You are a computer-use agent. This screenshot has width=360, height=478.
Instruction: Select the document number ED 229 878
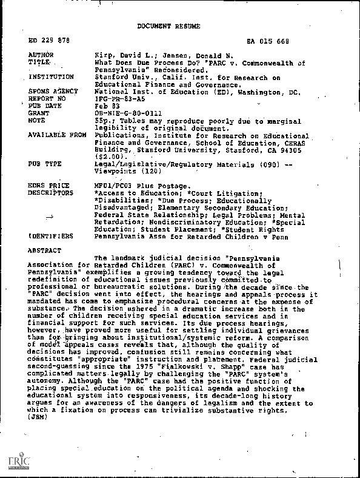pyautogui.click(x=49, y=41)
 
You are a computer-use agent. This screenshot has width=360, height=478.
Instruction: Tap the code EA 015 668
pyautogui.click(x=268, y=41)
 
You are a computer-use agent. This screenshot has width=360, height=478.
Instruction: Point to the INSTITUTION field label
pyautogui.click(x=52, y=78)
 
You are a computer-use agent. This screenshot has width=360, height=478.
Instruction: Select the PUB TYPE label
pyautogui.click(x=45, y=164)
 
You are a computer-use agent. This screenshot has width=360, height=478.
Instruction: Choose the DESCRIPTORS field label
pyautogui.click(x=50, y=193)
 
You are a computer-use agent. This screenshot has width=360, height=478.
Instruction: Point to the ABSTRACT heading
pyautogui.click(x=45, y=251)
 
